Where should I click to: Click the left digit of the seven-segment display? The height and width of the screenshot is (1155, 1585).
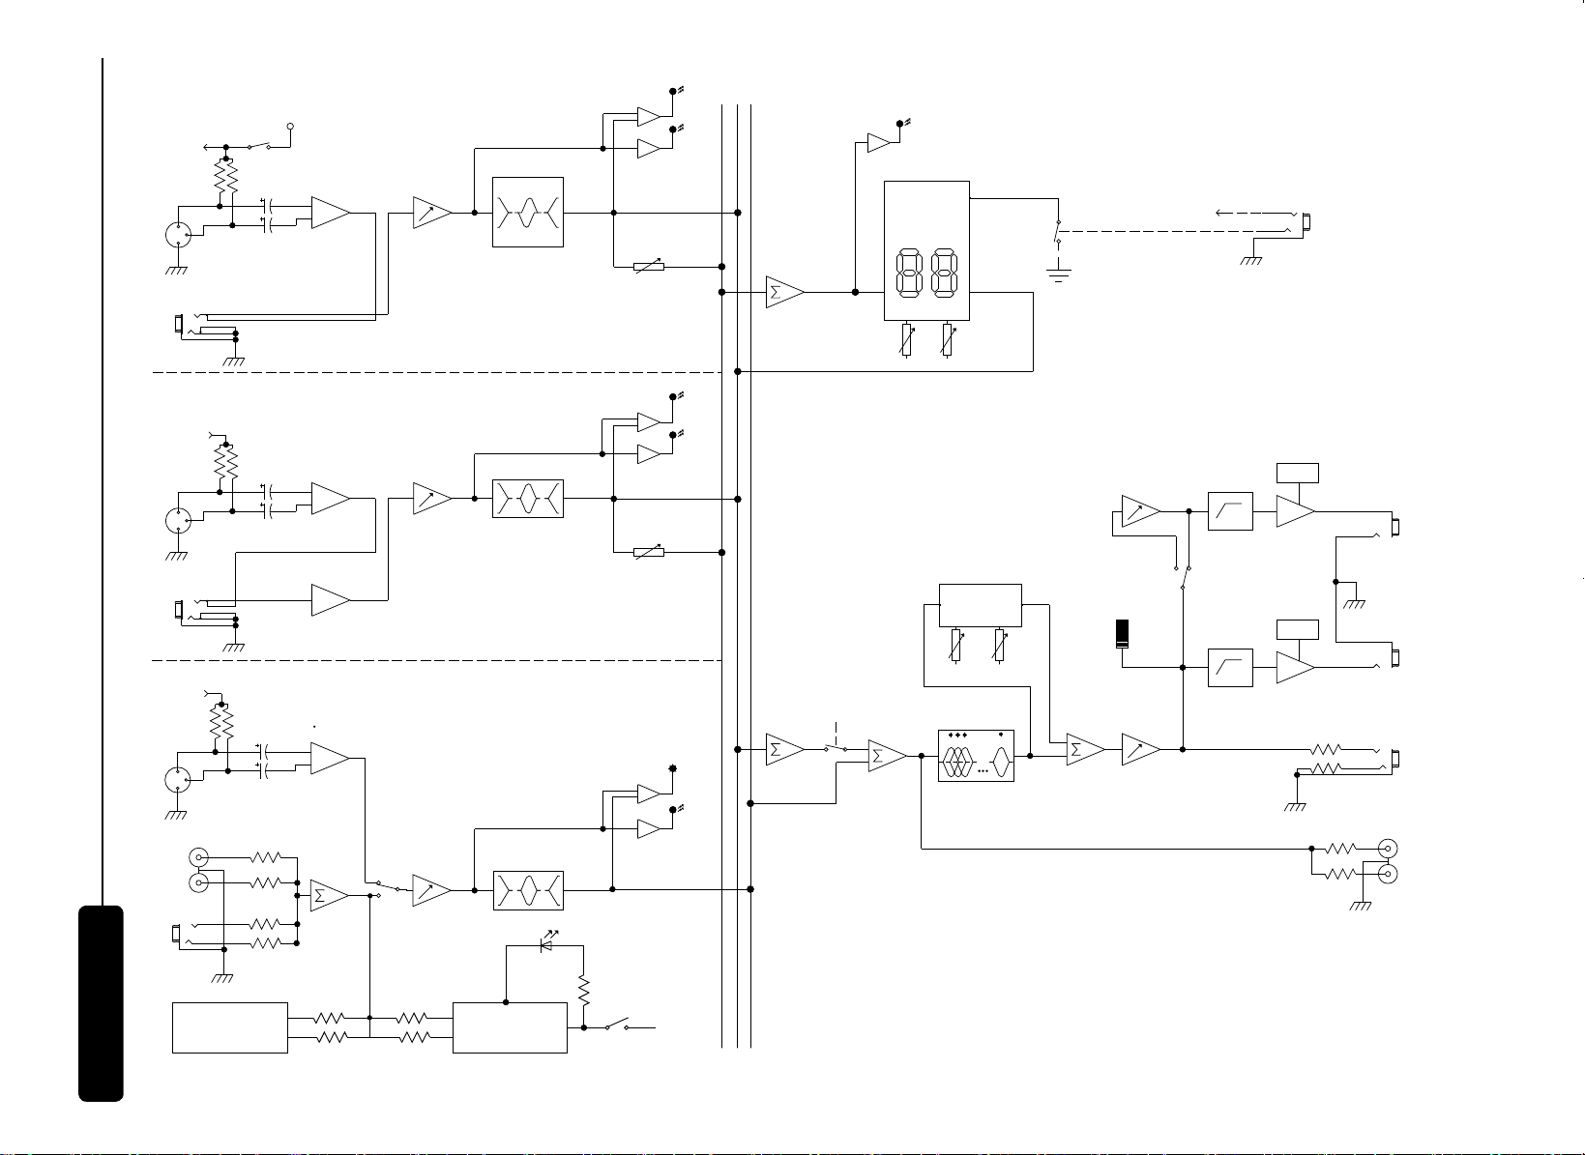[x=909, y=273]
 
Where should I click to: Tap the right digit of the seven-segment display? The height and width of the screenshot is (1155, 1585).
[x=945, y=273]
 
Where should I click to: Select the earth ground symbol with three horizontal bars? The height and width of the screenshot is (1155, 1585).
[x=1059, y=271]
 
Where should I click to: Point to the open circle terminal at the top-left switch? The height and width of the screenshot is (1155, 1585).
[x=290, y=127]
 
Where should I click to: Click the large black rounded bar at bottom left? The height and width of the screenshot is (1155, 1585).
[x=101, y=1003]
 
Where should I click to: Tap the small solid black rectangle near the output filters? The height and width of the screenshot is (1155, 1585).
[x=1122, y=634]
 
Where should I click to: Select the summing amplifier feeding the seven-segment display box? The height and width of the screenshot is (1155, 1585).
[x=784, y=292]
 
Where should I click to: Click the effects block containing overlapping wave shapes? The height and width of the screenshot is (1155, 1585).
[x=976, y=756]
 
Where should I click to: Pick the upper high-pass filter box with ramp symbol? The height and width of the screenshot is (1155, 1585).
[x=1230, y=511]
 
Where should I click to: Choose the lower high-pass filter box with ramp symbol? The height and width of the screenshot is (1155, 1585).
[x=1230, y=668]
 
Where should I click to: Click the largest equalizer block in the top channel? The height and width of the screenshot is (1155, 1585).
[x=528, y=213]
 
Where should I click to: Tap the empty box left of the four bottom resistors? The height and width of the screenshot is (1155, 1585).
[x=230, y=1027]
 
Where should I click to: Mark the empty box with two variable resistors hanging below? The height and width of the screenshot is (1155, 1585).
[x=980, y=605]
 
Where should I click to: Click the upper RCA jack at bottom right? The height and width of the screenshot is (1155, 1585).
[x=1389, y=849]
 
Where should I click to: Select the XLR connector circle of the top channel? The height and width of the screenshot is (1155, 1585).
[x=178, y=234]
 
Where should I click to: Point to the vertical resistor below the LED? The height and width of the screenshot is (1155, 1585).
[x=584, y=991]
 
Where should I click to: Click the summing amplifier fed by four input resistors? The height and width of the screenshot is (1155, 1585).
[x=329, y=896]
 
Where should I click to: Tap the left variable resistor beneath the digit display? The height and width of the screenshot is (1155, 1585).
[x=906, y=340]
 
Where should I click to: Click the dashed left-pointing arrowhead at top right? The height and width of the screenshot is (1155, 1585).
[x=1219, y=213]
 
